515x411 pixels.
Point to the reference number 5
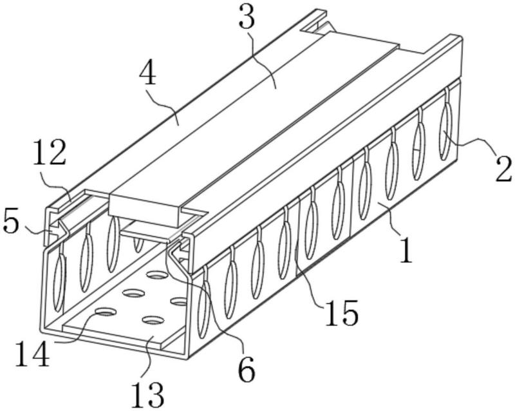tap(11, 223)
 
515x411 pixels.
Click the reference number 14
tap(33, 354)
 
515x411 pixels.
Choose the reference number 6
tap(247, 370)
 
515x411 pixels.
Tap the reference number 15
tap(341, 312)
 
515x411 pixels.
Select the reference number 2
tap(503, 169)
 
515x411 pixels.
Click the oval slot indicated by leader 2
tap(446, 131)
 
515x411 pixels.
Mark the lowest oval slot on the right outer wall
tap(204, 310)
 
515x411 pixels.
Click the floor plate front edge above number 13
tap(111, 336)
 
